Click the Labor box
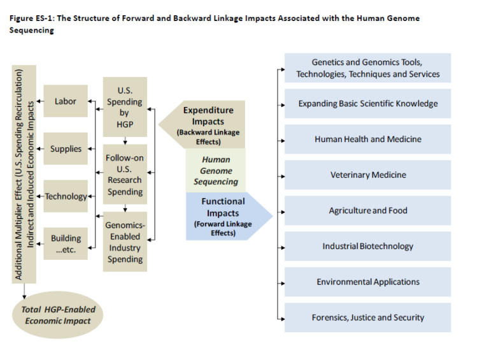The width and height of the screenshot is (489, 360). (x=66, y=101)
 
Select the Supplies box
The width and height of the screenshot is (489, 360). (x=66, y=149)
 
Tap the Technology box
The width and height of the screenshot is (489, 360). (x=66, y=196)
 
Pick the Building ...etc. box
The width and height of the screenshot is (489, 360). (x=66, y=244)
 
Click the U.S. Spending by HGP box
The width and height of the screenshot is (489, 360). (x=125, y=107)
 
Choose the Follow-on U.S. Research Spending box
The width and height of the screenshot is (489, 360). (x=125, y=174)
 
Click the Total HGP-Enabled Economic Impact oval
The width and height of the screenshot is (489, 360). (x=59, y=315)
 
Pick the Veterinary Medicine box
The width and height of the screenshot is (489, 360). (x=367, y=175)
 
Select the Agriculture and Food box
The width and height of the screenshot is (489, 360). (x=367, y=211)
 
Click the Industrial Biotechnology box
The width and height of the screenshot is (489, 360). (x=367, y=247)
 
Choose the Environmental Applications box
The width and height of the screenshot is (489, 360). (x=367, y=282)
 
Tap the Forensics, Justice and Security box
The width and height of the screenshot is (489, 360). (x=367, y=317)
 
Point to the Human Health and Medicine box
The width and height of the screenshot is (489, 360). (x=367, y=140)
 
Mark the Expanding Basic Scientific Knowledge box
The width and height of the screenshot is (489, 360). (x=367, y=104)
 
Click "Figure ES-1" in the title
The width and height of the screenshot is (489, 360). (x=31, y=18)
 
